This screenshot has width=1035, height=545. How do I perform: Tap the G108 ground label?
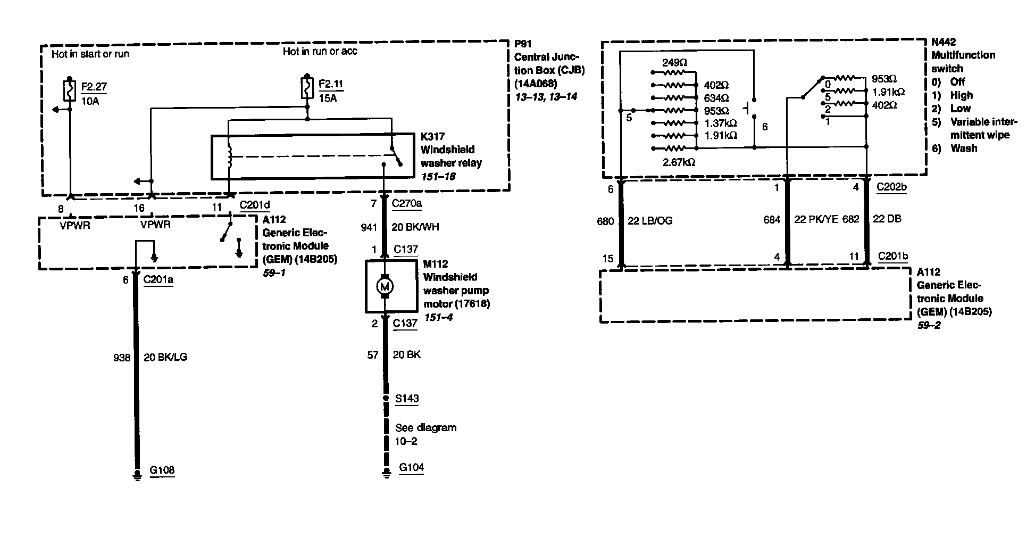pyautogui.click(x=162, y=470)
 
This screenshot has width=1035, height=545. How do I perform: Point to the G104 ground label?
pyautogui.click(x=412, y=468)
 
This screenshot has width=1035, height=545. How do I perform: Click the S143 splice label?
pyautogui.click(x=407, y=399)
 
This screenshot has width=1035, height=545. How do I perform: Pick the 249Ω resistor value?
pyautogui.click(x=674, y=63)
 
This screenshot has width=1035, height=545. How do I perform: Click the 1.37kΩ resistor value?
pyautogui.click(x=720, y=123)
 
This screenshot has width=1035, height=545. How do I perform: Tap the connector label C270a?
pyautogui.click(x=407, y=204)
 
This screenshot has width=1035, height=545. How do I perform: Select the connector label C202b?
pyautogui.click(x=891, y=187)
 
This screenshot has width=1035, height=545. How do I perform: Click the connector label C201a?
pyautogui.click(x=158, y=280)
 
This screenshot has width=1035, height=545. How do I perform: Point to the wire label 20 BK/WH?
pyautogui.click(x=416, y=227)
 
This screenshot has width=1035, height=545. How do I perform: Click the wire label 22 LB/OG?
pyautogui.click(x=650, y=221)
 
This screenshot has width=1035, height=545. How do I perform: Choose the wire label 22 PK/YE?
pyautogui.click(x=816, y=219)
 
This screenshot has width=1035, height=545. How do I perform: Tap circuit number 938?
pyautogui.click(x=122, y=358)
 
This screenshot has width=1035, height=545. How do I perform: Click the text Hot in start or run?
pyautogui.click(x=90, y=54)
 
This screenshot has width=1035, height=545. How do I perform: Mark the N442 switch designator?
pyautogui.click(x=944, y=42)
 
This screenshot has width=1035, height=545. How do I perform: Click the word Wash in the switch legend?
pyautogui.click(x=964, y=148)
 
